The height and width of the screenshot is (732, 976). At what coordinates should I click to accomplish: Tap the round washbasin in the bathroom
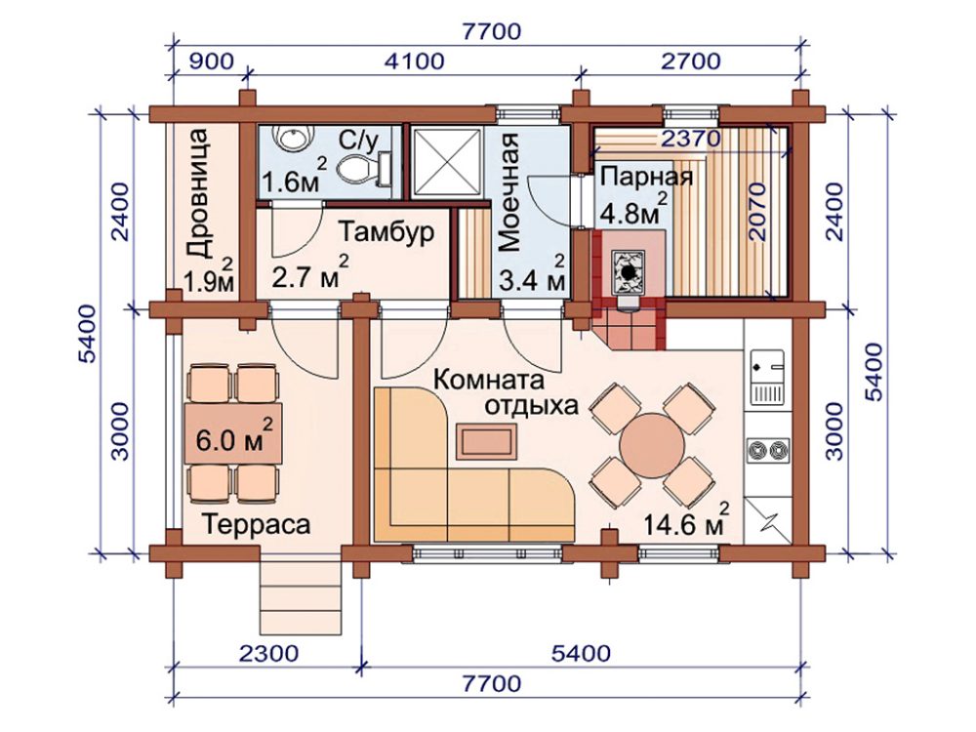coord(293,137)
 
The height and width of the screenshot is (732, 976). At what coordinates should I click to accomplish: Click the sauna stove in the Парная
coord(629,272)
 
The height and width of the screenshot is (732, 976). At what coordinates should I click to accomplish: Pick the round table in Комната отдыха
coord(652,446)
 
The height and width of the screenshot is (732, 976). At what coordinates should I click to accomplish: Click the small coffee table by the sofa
coord(487,441)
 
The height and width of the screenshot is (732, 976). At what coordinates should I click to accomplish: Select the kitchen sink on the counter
coord(767,377)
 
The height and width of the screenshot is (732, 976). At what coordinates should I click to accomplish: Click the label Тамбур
coord(386,231)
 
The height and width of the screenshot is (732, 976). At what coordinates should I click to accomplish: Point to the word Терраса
coord(256,524)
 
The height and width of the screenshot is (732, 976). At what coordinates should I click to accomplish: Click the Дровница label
coord(199,193)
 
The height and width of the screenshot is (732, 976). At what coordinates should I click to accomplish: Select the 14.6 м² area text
coord(685,521)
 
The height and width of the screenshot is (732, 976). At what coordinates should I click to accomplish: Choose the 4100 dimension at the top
coord(415,61)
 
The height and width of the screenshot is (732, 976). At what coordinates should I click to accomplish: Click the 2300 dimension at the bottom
coord(268,653)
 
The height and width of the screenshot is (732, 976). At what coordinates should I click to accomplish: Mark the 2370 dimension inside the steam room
coord(690,139)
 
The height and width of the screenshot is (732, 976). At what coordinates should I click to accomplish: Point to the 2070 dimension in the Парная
coord(756,212)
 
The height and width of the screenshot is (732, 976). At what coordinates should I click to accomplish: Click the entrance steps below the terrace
coord(301,597)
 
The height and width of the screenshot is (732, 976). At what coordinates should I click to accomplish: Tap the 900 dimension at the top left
coord(211,61)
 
